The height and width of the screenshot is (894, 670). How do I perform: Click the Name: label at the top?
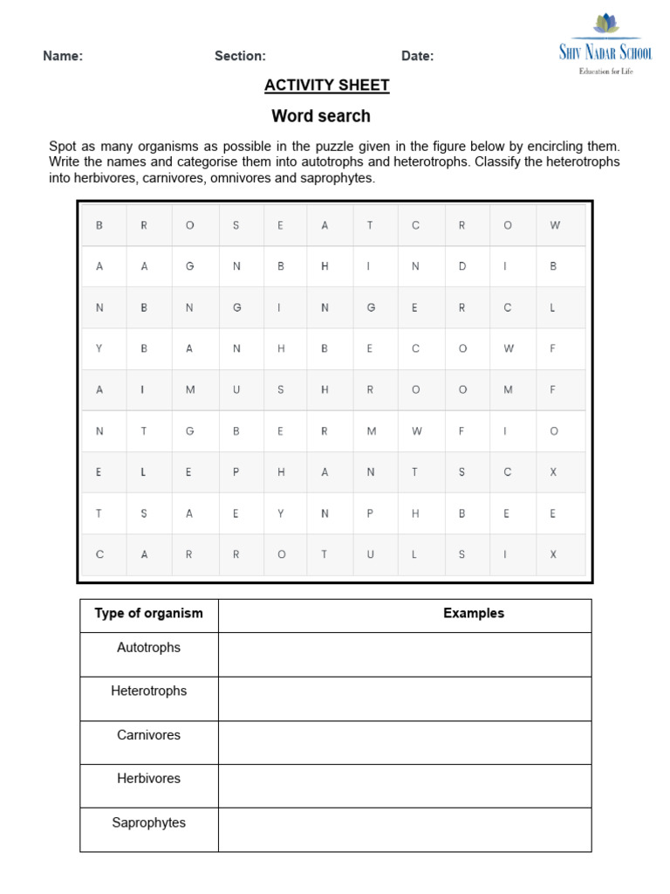pos(63,56)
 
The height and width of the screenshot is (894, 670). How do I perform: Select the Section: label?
pos(240,56)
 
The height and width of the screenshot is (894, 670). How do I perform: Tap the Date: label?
pos(417,56)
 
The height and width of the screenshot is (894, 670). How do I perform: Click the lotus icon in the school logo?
pos(605,24)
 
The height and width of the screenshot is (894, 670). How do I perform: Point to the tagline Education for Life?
pos(605,71)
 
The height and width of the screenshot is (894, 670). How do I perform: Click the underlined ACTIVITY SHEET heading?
pos(327,85)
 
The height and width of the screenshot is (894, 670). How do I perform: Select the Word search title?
pos(320,116)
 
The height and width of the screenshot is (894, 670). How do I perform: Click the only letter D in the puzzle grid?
pos(461,266)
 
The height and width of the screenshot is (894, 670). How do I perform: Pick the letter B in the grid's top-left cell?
pos(99,225)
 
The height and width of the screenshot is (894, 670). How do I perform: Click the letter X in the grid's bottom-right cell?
pos(552,554)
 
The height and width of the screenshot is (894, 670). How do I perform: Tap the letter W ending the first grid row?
pos(554,225)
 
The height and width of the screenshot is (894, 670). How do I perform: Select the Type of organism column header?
pos(148,613)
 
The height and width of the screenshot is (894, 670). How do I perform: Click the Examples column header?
pos(474,613)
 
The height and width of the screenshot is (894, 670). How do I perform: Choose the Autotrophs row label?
pos(148,648)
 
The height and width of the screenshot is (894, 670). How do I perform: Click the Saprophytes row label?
pos(148,822)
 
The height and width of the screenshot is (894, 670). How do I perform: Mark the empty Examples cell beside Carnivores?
pos(405,742)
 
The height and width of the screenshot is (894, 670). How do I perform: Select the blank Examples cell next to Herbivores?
pos(405,786)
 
